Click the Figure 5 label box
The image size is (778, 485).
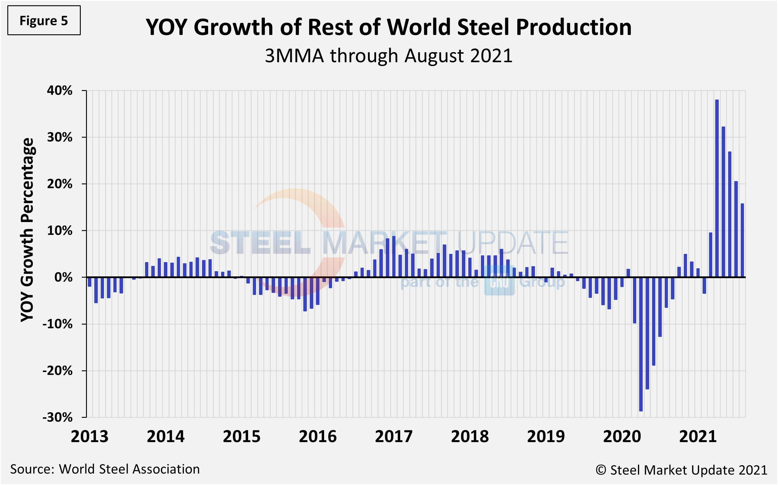pyautogui.click(x=44, y=21)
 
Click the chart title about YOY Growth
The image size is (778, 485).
pyautogui.click(x=389, y=27)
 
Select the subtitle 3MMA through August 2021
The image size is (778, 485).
pyautogui.click(x=388, y=56)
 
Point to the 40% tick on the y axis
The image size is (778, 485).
pyautogui.click(x=60, y=90)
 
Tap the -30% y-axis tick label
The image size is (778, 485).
pyautogui.click(x=58, y=417)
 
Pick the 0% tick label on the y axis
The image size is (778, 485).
pyautogui.click(x=63, y=277)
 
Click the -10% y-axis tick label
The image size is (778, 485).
pyautogui.click(x=58, y=324)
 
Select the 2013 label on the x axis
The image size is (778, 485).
pyautogui.click(x=90, y=437)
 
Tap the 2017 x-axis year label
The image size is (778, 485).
pyautogui.click(x=393, y=437)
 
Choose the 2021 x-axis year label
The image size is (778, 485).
pyautogui.click(x=698, y=437)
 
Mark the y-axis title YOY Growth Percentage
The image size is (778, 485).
pyautogui.click(x=27, y=230)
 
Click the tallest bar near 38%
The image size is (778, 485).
pyautogui.click(x=717, y=189)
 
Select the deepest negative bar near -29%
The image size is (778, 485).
pyautogui.click(x=641, y=344)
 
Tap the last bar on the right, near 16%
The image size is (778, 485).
pyautogui.click(x=742, y=241)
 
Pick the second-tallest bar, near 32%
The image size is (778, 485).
pyautogui.click(x=723, y=202)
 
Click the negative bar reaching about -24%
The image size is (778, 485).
pyautogui.click(x=647, y=333)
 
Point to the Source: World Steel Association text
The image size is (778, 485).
pyautogui.click(x=105, y=469)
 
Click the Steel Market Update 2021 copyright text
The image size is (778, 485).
pyautogui.click(x=681, y=470)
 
